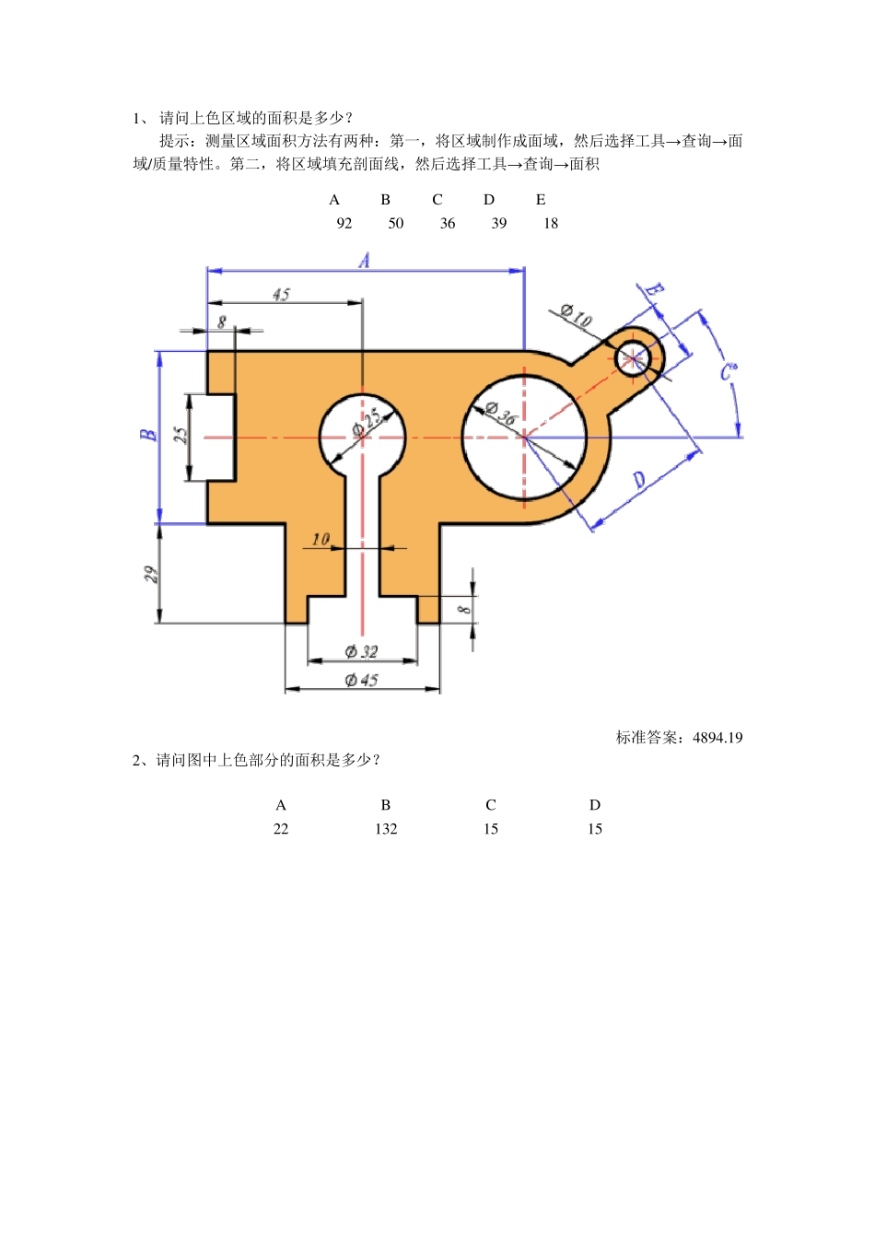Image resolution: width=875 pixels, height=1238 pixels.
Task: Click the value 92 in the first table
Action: [344, 223]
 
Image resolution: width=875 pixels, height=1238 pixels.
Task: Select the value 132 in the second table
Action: [386, 829]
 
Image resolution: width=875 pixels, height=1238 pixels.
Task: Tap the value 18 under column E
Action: [551, 223]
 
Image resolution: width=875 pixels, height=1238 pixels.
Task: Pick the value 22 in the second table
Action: [281, 829]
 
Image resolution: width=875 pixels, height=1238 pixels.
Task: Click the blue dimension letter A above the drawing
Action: [365, 261]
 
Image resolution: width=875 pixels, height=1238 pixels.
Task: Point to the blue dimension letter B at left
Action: [148, 435]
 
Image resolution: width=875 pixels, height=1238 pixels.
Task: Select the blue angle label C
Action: [728, 371]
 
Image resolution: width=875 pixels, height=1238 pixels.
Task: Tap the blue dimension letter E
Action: [653, 291]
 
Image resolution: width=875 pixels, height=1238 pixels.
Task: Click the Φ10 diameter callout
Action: [576, 316]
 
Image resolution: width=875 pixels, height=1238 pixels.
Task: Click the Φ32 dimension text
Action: [361, 651]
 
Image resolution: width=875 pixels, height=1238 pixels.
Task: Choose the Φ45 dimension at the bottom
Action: [361, 680]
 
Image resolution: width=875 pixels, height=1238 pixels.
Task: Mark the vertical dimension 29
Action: [151, 575]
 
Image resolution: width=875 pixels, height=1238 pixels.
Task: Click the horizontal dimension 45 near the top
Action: [281, 294]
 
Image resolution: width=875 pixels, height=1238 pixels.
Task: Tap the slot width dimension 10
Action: [321, 539]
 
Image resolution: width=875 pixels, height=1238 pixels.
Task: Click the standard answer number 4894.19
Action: [717, 737]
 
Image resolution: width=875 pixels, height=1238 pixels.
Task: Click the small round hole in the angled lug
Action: [633, 356]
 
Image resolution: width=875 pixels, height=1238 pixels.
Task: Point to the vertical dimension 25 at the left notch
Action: [181, 435]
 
